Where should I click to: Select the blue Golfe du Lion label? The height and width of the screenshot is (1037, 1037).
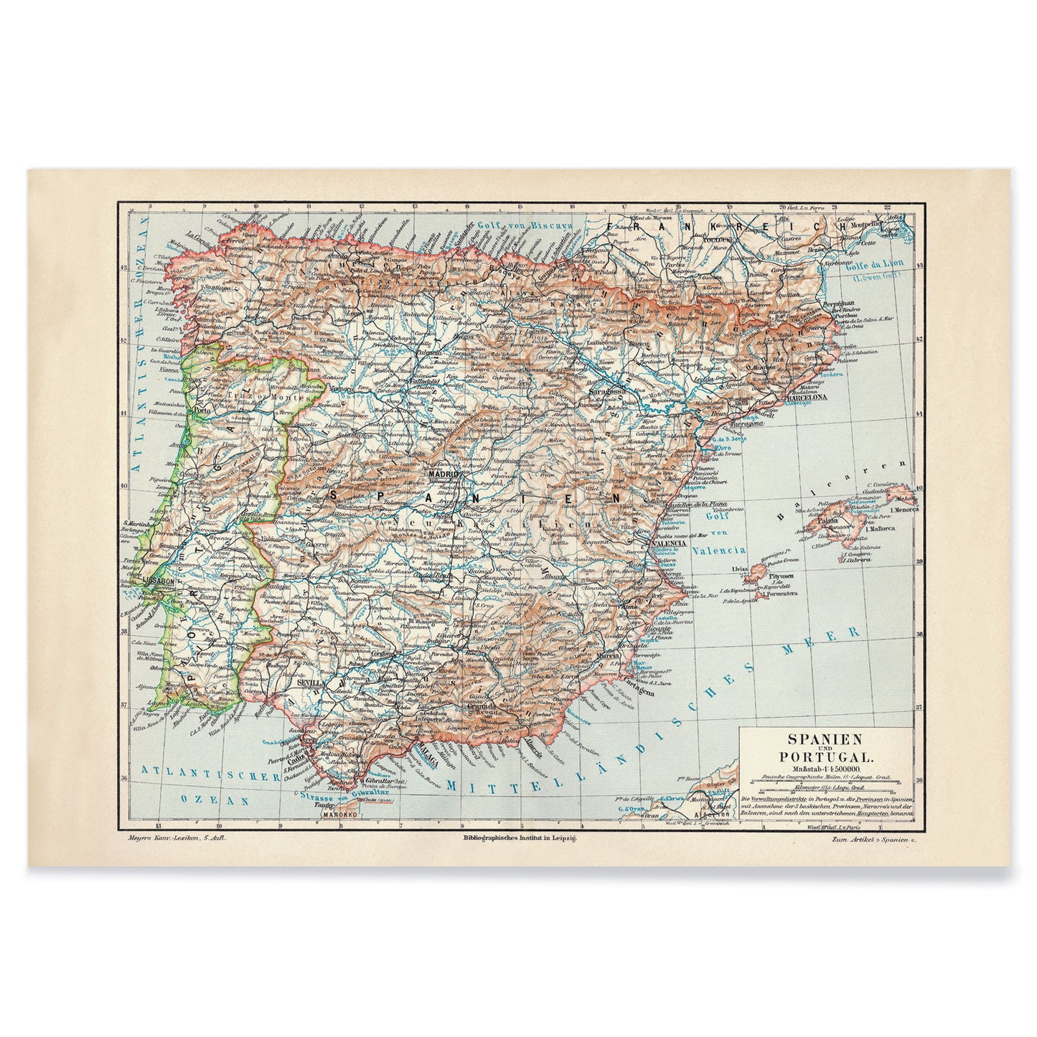click(x=882, y=263)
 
